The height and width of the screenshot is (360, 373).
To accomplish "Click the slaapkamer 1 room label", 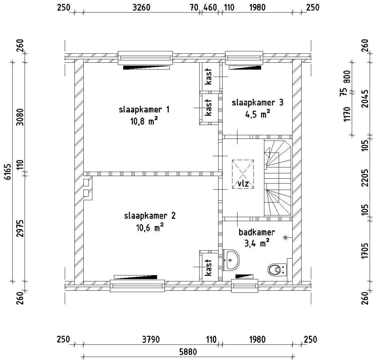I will tap(144, 110).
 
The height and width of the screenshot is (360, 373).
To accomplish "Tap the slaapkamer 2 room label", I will tap(150, 216).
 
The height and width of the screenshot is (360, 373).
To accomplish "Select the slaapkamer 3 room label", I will tap(257, 103).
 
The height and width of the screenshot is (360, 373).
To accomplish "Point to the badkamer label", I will tap(256, 232).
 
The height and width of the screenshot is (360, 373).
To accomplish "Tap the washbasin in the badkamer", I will tap(231, 260).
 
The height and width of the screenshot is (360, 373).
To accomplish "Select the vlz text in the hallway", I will tap(243, 184).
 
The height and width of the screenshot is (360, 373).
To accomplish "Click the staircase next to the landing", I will tap(277, 178).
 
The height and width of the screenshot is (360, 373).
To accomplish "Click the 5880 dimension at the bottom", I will tap(188, 352).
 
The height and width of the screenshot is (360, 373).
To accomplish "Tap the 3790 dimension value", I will tap(151, 340).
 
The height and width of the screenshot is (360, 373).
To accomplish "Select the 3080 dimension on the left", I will tap(20, 117).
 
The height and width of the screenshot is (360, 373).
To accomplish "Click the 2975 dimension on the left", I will tap(20, 228).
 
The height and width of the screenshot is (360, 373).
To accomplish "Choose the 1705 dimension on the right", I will tap(365, 250).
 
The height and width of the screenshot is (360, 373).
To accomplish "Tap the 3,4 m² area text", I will tap(256, 243).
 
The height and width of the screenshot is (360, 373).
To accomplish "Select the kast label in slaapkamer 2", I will tap(208, 267).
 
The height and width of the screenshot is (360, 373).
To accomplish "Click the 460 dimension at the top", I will tap(210, 7).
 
